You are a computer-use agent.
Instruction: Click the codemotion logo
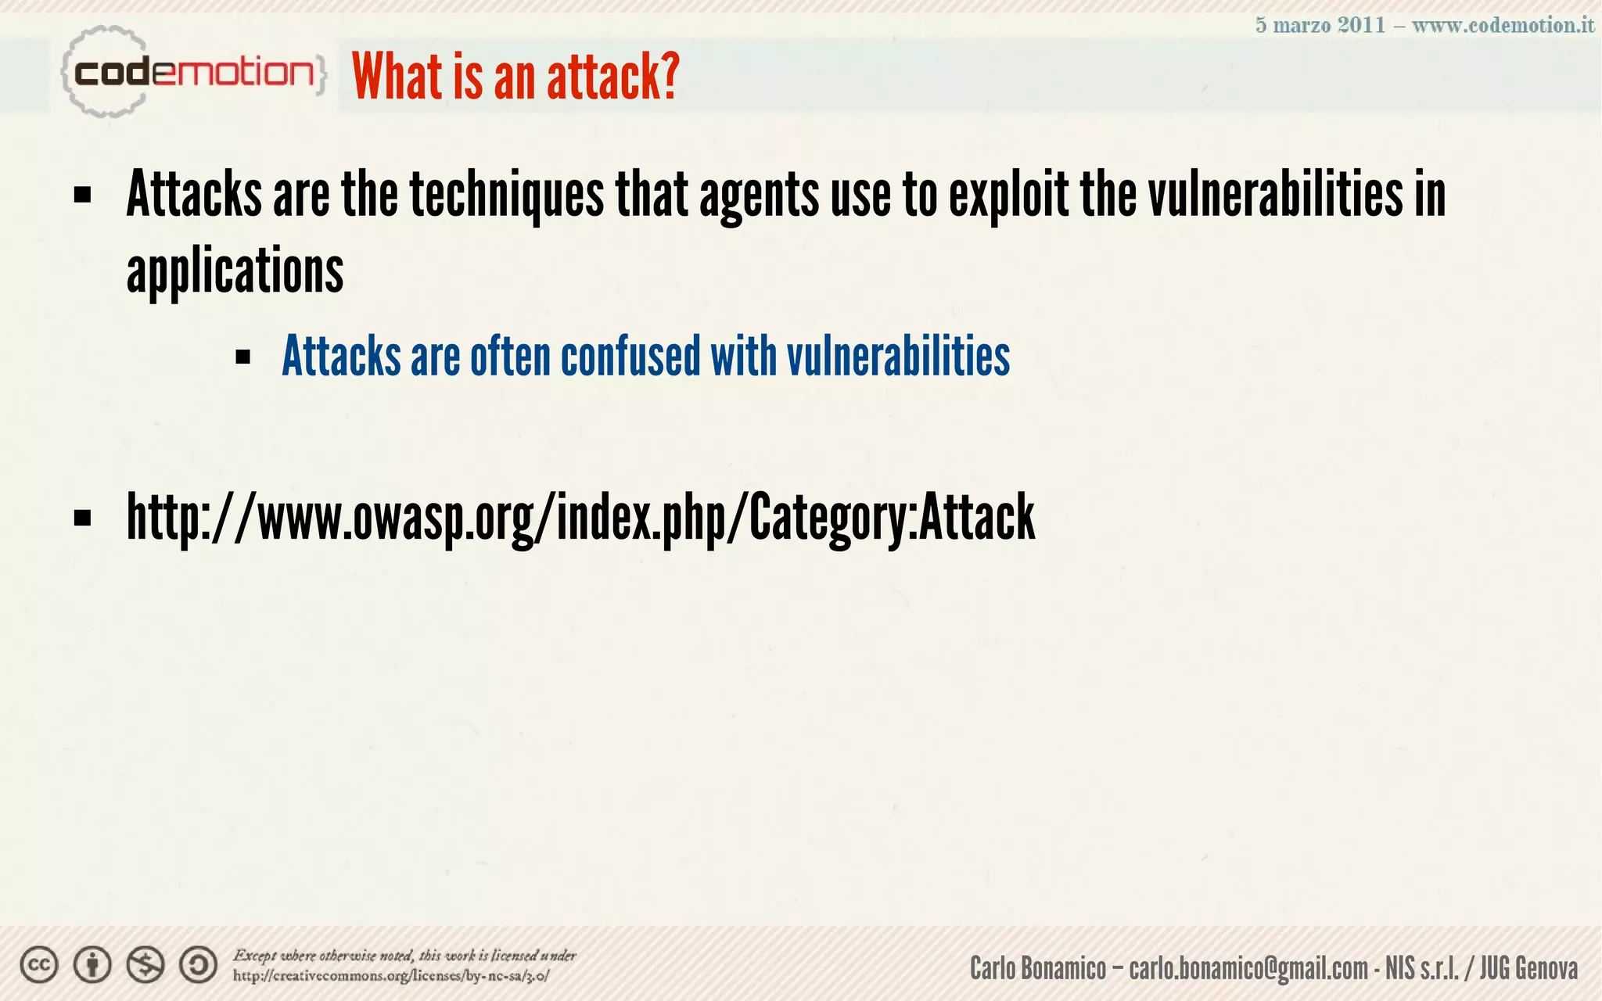coord(192,73)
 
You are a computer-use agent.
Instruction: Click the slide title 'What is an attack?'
coord(515,77)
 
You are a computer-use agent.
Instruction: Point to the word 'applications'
coord(235,271)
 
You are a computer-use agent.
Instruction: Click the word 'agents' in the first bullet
coord(759,196)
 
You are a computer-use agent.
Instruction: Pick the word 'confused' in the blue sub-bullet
coord(630,357)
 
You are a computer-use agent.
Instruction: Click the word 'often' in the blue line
coord(510,357)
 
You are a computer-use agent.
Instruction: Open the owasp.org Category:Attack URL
coord(580,518)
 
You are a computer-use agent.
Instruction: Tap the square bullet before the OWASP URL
coord(82,518)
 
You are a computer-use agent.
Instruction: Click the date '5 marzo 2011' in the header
coord(1320,25)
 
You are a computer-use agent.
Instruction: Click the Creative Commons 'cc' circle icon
coord(39,965)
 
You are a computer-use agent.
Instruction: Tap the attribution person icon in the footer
coord(92,965)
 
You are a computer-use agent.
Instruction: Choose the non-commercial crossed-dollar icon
coord(145,965)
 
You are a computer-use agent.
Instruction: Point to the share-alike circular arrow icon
coord(199,965)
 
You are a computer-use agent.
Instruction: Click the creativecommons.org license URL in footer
coord(391,976)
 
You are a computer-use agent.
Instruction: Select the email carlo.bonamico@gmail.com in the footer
coord(1248,969)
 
